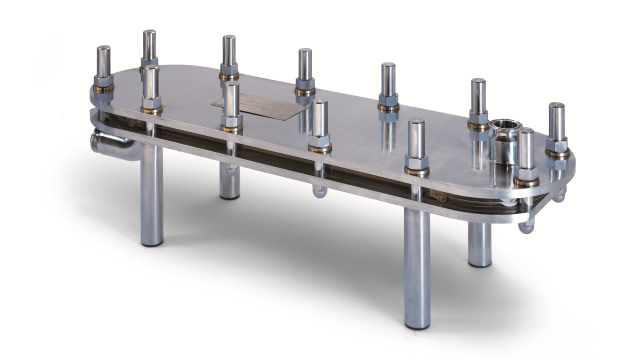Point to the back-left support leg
pos(230,180)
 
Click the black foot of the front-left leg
pos(152,243)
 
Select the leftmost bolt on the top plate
pos(104,70)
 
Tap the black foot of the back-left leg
pos(230,195)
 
